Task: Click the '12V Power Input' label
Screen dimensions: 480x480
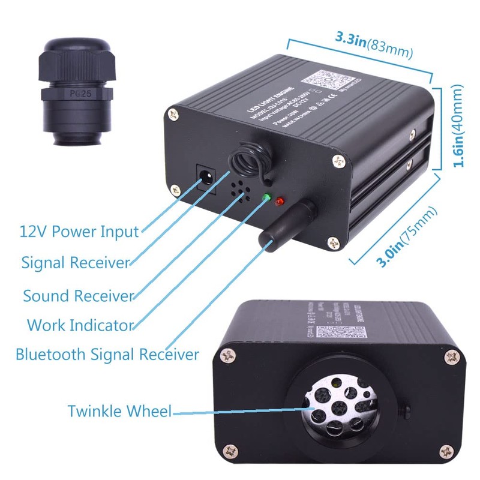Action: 79,231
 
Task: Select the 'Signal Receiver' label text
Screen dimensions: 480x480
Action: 76,263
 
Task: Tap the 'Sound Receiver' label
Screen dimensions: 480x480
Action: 78,295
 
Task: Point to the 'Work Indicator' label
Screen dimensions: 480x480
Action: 79,325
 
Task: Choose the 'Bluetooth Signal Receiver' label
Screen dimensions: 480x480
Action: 107,354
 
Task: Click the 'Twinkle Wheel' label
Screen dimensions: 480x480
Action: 119,412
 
